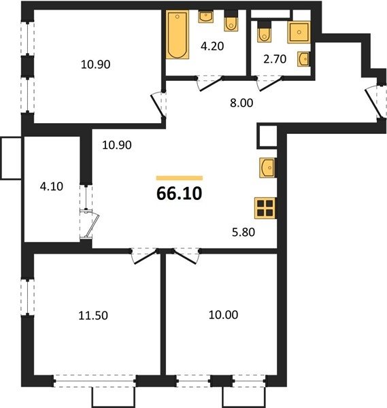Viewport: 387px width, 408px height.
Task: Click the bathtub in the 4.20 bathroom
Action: pos(178,35)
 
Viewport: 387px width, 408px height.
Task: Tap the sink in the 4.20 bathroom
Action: pos(206,17)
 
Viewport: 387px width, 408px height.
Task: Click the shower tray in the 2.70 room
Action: pos(299,32)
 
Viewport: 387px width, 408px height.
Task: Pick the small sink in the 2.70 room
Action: pos(303,59)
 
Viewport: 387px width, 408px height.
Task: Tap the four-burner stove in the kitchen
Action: pos(265,208)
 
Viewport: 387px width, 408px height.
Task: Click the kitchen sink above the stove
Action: pos(267,168)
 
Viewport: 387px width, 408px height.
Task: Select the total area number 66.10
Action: pos(180,194)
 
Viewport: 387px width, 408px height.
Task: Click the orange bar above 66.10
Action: pos(180,178)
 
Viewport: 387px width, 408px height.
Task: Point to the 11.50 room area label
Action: pos(93,316)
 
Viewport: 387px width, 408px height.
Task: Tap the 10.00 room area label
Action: pos(223,315)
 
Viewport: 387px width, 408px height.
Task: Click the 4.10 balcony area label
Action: pos(52,186)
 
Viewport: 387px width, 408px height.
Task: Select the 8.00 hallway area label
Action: pos(241,103)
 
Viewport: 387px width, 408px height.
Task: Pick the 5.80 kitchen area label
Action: pos(243,232)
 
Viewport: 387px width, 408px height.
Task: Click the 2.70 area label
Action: pos(275,59)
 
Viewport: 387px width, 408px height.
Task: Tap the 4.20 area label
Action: pos(212,46)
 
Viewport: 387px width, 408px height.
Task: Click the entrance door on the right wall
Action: pos(376,102)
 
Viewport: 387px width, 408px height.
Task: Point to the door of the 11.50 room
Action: pos(145,256)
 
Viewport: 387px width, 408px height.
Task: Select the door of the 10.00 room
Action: pos(186,256)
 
